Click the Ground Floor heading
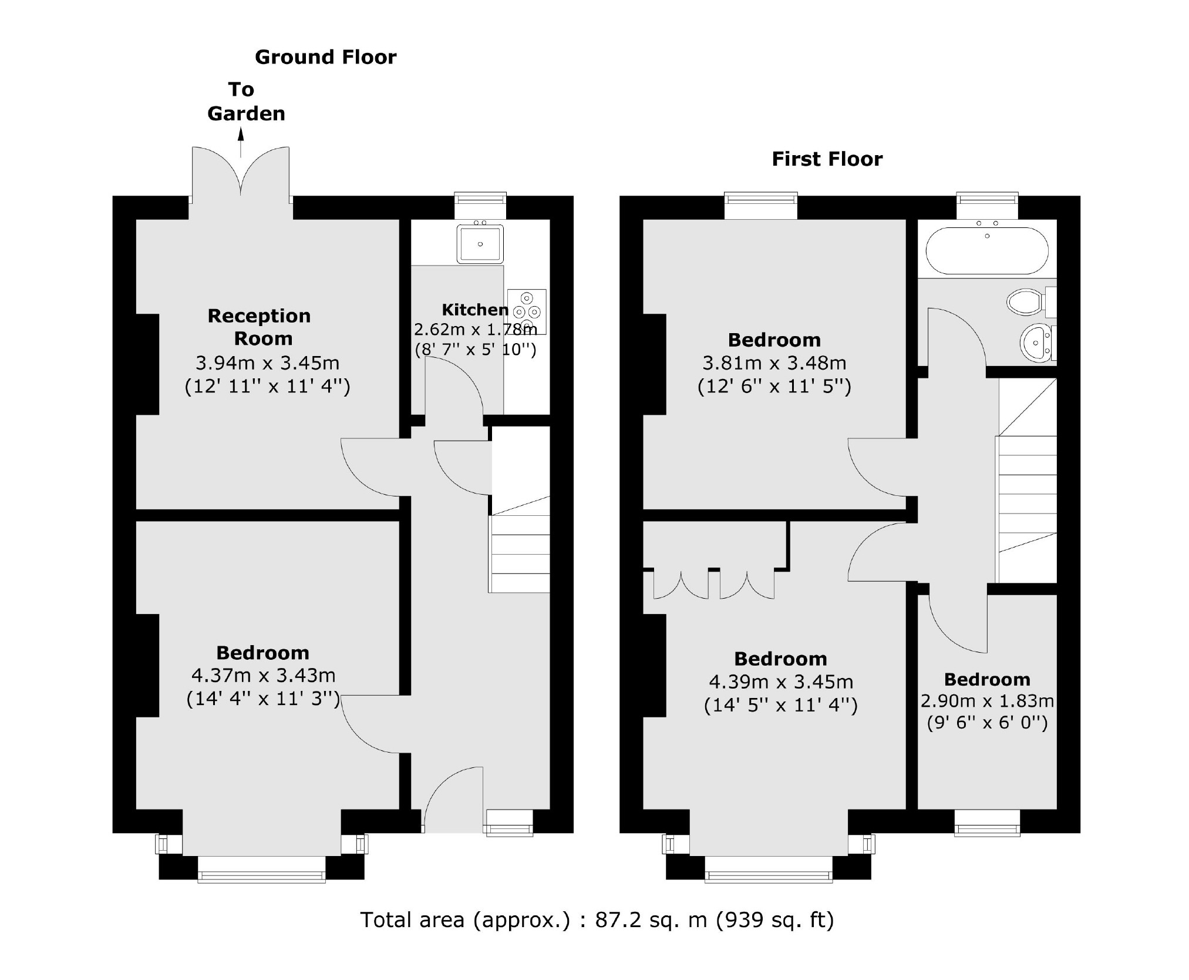325,57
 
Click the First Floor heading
826,159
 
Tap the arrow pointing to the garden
241,143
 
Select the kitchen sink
480,243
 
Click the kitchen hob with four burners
527,311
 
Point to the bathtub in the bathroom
986,251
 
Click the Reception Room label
260,327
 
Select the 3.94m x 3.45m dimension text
267,363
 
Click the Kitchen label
474,310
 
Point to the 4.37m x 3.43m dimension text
263,675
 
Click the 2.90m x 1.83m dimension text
987,701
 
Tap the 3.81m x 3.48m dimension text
774,363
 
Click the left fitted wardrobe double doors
681,585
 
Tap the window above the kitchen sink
480,198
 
